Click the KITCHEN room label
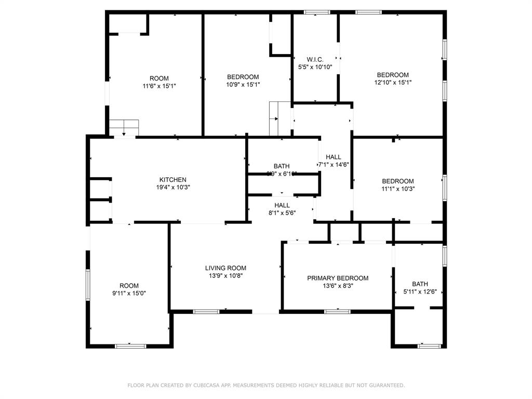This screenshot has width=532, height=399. click(x=172, y=180)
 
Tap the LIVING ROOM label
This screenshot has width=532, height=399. click(x=225, y=268)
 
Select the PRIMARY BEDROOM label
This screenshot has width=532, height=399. click(x=338, y=278)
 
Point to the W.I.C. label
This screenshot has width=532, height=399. click(x=315, y=60)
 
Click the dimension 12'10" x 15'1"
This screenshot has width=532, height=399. click(x=393, y=82)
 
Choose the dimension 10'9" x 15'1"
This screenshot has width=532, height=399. click(x=243, y=84)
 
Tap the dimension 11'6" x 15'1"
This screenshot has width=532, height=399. click(x=159, y=86)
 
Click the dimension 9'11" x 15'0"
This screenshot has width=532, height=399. click(x=129, y=293)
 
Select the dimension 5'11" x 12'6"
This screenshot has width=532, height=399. click(x=420, y=291)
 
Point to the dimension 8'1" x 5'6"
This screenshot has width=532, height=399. click(x=282, y=212)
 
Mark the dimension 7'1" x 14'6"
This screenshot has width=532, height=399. click(x=334, y=164)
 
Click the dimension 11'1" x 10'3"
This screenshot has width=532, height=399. click(x=398, y=189)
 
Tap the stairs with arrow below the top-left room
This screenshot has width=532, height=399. click(x=124, y=127)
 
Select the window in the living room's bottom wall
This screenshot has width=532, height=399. click(x=206, y=312)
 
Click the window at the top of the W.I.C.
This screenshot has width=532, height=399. click(x=317, y=12)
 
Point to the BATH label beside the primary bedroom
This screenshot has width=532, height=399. click(x=420, y=284)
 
